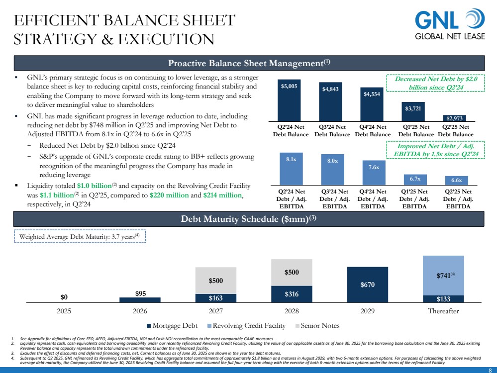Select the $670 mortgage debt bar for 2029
pyautogui.click(x=368, y=284)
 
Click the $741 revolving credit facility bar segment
pyautogui.click(x=443, y=276)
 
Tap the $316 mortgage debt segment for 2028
pyautogui.click(x=292, y=294)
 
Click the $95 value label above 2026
pyautogui.click(x=140, y=293)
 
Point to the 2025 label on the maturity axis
pyautogui.click(x=64, y=311)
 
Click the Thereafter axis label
pyautogui.click(x=443, y=311)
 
